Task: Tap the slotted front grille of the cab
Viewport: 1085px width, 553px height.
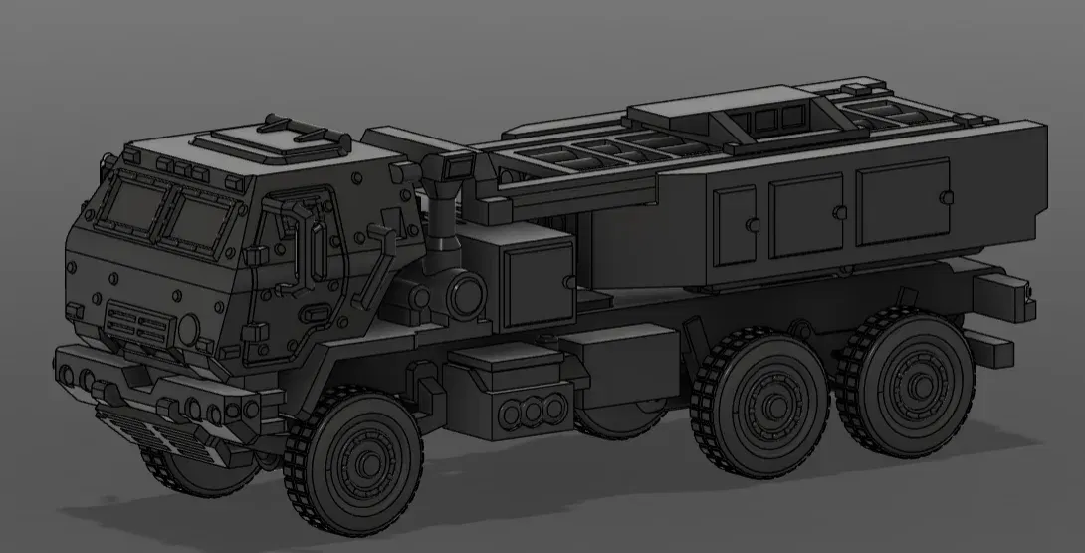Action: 139,323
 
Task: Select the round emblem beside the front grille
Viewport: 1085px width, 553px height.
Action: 188,329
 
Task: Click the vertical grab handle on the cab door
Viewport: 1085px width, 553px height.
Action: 318,253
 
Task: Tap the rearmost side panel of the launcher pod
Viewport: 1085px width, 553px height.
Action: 903,201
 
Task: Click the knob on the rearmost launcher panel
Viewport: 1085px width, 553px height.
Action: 943,195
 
